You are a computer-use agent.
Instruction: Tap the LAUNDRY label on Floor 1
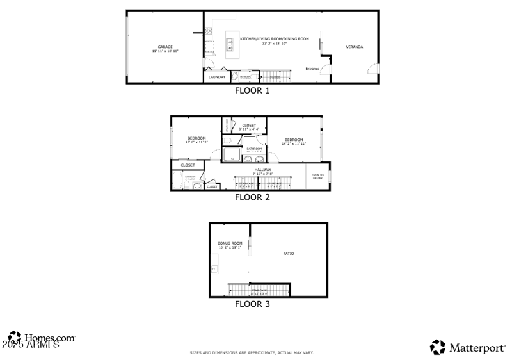217,77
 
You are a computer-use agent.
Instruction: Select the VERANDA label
355,47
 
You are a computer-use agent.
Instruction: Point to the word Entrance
312,69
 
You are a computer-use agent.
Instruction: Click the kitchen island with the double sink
229,44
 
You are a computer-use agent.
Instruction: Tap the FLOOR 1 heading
252,91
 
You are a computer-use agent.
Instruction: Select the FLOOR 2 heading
252,197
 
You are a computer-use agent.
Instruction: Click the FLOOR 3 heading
252,304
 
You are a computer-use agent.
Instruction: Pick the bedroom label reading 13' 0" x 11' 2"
196,140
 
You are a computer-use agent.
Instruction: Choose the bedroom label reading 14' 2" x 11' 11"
294,142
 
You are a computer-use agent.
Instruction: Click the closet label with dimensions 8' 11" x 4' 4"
249,127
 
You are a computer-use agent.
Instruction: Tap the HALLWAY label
263,171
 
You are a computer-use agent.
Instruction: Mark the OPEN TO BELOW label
317,176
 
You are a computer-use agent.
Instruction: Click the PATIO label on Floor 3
289,254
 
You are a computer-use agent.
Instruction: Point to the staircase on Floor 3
260,291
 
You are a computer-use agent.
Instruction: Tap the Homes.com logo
41,338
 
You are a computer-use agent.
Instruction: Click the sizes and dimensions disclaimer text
252,353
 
